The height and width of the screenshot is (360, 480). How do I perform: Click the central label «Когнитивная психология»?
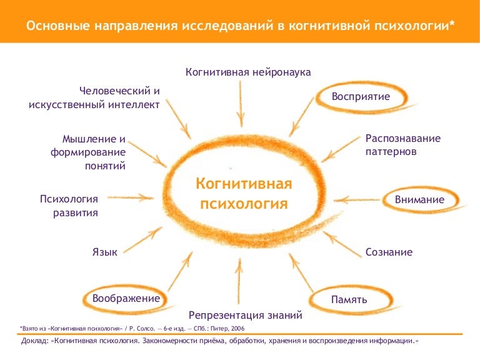pos(244,194)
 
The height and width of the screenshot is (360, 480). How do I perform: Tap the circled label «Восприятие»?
pos(361,96)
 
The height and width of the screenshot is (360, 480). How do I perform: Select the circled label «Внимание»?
pos(419,199)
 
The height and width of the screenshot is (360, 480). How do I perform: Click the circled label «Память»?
pos(349,299)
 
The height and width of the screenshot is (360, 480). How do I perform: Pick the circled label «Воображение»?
pos(126,298)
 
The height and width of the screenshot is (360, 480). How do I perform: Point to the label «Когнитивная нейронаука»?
pos(248,72)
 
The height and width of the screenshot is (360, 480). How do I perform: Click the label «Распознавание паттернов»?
pos(403,145)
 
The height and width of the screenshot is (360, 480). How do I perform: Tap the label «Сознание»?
pos(389,252)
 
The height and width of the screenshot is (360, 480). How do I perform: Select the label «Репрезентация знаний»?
pos(245,315)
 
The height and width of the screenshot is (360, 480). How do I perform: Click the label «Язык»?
pos(105,252)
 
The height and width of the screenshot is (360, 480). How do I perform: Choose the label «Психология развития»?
pos(69,206)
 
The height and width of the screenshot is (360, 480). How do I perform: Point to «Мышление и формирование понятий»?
pos(88,152)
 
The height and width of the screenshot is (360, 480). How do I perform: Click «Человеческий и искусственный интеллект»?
pos(94,97)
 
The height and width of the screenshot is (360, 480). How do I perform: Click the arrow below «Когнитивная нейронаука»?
pos(241,104)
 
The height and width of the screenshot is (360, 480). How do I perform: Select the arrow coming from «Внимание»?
pos(357,200)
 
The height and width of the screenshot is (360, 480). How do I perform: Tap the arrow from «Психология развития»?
pos(131,197)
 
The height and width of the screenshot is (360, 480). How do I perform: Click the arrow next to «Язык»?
pos(142,240)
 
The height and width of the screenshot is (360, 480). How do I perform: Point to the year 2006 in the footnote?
pos(238,329)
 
